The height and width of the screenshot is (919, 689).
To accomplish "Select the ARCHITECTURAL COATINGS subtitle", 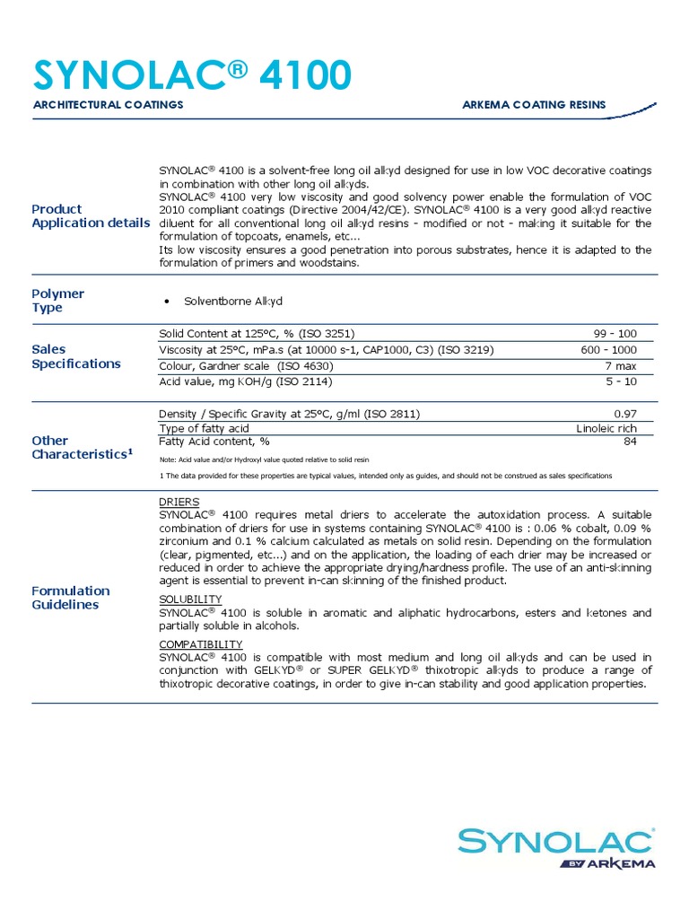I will tap(108, 105).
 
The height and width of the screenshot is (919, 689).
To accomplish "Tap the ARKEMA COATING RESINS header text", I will tap(534, 105).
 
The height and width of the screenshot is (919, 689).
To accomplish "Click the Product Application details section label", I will tap(91, 215).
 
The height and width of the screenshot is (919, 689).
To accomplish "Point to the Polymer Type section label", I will tap(57, 301).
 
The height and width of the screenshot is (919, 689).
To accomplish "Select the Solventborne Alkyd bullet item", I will tap(232, 302).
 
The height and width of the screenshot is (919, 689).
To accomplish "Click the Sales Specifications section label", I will tap(75, 356).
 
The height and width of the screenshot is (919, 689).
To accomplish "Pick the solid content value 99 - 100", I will tap(615, 333).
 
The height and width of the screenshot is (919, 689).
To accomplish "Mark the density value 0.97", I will tap(624, 414).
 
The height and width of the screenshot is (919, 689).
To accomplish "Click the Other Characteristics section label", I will tap(82, 447).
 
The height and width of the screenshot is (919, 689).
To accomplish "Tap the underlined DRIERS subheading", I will tap(179, 502).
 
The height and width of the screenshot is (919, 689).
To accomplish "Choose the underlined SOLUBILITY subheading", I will tap(190, 599).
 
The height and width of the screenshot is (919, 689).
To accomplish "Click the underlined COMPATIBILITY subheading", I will tap(200, 644).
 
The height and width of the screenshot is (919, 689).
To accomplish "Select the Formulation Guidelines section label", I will tap(71, 598).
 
